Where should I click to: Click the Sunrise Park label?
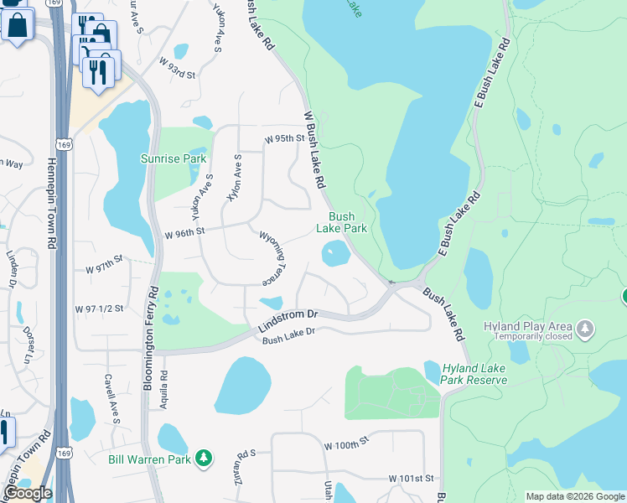174,158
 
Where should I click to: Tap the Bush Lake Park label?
341,222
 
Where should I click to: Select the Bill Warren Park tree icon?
203,458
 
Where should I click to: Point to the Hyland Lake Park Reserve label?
475,374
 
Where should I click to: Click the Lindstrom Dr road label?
288,319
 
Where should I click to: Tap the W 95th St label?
282,139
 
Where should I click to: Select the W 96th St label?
185,232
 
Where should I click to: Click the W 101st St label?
412,478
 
